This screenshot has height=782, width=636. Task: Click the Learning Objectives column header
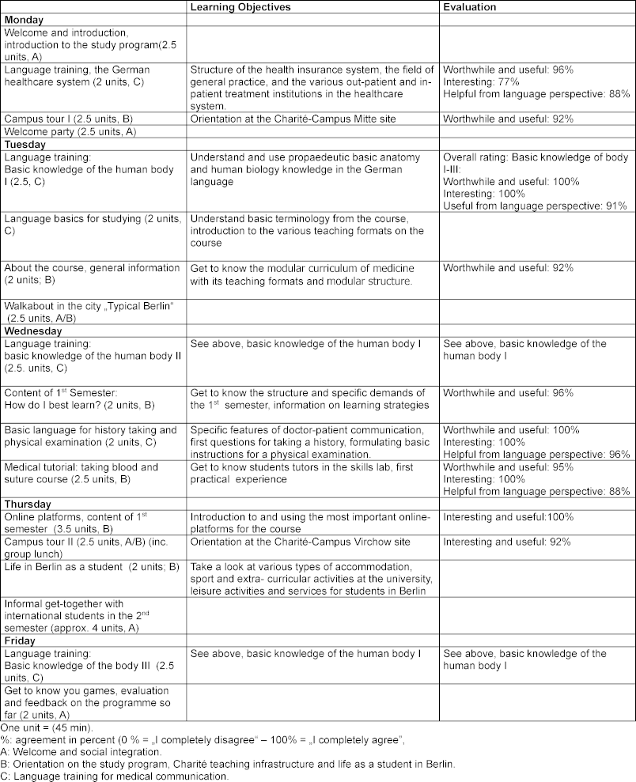click(x=240, y=7)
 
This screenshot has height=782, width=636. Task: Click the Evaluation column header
click(x=470, y=7)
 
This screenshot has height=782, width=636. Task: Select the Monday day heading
click(x=24, y=19)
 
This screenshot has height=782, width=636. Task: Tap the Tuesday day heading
click(x=25, y=145)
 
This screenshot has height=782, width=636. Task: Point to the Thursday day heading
click(x=28, y=504)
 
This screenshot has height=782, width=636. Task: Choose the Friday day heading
click(x=21, y=640)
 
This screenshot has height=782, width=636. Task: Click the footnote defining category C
click(x=116, y=776)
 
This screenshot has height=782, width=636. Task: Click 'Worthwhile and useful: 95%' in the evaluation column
click(x=507, y=467)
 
